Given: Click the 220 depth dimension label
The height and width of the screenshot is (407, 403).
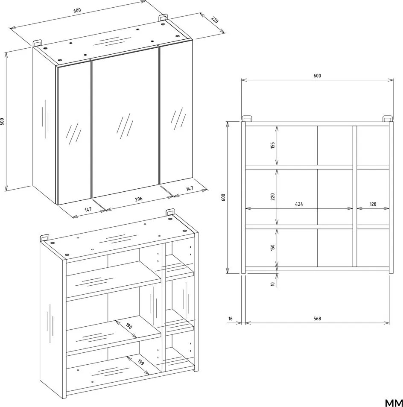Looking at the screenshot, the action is pos(215,20).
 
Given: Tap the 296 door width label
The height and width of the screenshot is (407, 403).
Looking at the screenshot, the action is pos(139,199).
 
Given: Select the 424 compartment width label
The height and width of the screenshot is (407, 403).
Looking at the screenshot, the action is pos(299,204).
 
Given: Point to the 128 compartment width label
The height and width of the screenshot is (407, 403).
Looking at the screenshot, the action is pos(373,204).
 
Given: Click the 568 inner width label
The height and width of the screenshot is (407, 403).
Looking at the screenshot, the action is pos(317,319).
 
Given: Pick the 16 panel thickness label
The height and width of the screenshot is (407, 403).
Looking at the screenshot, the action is pos(231,319).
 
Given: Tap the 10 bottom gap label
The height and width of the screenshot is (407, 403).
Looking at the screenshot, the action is pos(272,284).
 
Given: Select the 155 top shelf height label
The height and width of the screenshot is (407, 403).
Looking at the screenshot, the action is pos(272,145).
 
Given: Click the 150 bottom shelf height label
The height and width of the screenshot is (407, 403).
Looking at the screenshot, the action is pos(272,248).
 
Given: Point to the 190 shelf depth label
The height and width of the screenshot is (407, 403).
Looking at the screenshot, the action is pos(128,325).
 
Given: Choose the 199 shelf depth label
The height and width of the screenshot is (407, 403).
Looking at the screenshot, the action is pos(140,362).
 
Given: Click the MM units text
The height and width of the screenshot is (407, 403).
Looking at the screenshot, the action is pos(394,403).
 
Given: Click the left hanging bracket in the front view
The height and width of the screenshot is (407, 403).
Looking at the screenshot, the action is pos(246,118).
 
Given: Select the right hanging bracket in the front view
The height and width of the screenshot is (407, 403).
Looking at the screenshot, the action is pos(388,118).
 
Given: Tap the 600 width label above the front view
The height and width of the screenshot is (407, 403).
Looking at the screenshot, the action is pos(317,76).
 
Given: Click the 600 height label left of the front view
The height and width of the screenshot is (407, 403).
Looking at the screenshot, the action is pos(224,197).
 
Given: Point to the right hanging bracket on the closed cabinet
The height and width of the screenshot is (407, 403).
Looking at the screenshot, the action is pos(163,18).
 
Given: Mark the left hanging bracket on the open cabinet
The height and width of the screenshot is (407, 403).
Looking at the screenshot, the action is pos(44,237).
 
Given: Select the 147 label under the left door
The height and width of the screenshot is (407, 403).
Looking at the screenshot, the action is pos(88,209).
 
